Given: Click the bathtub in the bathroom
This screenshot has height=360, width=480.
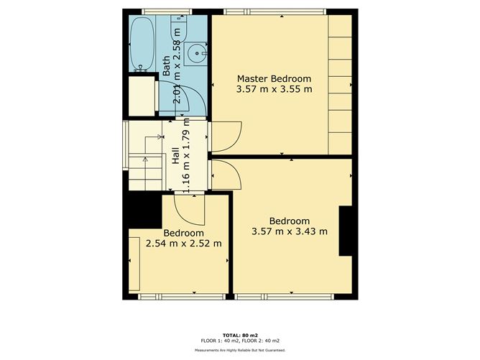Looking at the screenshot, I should pyautogui.click(x=141, y=44).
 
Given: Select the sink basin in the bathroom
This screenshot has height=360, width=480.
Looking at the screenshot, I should pyautogui.click(x=196, y=53).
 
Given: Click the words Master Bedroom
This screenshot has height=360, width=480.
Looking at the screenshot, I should pyautogui.click(x=274, y=78).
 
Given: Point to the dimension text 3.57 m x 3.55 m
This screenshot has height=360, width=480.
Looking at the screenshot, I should pyautogui.click(x=274, y=90).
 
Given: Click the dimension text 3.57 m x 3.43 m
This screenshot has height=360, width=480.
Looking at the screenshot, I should pyautogui.click(x=290, y=231).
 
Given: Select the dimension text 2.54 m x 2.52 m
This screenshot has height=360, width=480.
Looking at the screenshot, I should pyautogui.click(x=183, y=244).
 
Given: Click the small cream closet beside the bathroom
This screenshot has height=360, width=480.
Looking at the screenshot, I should pyautogui.click(x=141, y=93).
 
